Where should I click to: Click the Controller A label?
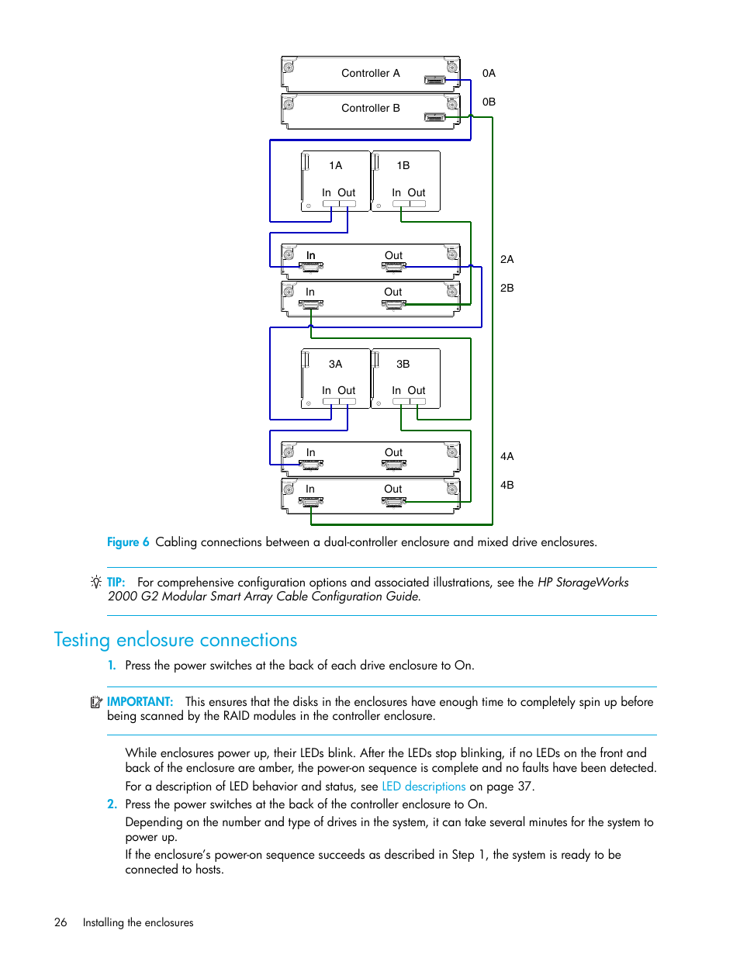point(370,73)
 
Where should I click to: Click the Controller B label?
point(370,108)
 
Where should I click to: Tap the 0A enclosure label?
point(489,73)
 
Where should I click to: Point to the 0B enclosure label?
point(489,102)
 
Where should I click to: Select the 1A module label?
point(335,165)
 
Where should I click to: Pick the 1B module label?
point(403,165)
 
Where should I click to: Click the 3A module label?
point(335,364)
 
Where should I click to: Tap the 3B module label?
point(403,364)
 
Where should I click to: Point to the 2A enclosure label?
point(507,259)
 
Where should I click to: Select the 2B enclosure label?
point(507,288)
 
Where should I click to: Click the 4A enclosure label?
point(507,456)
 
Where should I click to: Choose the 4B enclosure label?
point(507,485)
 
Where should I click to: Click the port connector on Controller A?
point(434,80)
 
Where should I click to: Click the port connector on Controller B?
point(434,117)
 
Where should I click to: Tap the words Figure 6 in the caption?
point(128,542)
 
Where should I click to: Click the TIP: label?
point(116,583)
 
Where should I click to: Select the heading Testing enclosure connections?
point(175,640)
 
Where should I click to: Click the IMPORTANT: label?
point(140,702)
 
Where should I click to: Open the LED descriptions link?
point(424,787)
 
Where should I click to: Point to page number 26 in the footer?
point(61,922)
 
